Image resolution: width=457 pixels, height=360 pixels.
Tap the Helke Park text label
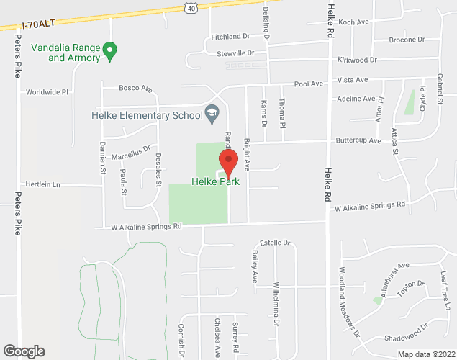216,182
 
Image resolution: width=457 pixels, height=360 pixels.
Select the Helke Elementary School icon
212,113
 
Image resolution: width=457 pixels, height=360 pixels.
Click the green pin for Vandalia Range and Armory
109,50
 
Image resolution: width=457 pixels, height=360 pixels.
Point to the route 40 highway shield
189,6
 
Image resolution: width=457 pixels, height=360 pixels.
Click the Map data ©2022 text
426,354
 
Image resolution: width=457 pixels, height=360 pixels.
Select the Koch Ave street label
353,22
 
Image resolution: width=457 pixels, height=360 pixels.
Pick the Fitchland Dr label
230,36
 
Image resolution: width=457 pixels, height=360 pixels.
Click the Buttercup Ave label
358,141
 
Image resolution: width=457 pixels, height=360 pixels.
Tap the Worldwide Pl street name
46,92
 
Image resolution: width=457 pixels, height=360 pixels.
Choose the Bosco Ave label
135,89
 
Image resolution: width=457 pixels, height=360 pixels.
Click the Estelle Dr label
273,243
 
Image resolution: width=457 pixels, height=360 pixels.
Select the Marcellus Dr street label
131,153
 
